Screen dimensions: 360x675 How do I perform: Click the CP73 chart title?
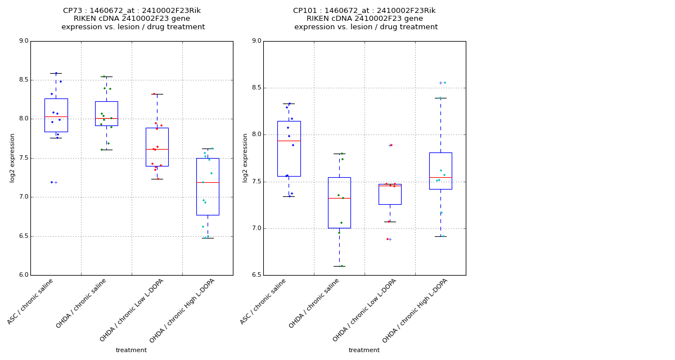coord(132,19)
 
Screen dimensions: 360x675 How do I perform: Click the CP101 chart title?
coord(365,19)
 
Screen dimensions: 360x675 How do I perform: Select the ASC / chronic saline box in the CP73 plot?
coord(56,115)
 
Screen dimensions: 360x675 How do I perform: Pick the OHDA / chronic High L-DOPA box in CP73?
coord(208,186)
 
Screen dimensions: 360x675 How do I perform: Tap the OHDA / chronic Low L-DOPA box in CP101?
coord(390,194)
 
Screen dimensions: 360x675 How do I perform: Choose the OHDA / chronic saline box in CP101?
coord(339,202)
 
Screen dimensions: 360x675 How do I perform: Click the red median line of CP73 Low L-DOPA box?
coord(157,149)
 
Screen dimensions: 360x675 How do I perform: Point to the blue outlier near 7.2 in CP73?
coord(52,182)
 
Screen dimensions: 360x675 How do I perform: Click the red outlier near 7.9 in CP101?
coord(391,145)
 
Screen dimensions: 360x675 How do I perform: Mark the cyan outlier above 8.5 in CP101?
coord(444,83)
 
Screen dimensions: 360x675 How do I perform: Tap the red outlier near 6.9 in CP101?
coord(387,239)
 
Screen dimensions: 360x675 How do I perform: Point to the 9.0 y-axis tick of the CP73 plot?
coord(23,41)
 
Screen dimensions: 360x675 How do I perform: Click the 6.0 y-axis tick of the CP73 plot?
coord(23,275)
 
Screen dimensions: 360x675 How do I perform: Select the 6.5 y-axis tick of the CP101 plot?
coord(256,275)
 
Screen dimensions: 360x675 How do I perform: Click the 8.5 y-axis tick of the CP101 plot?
coord(256,88)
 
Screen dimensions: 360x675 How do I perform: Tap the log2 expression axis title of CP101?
coord(245,157)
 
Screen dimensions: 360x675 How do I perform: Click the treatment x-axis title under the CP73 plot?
coord(131,350)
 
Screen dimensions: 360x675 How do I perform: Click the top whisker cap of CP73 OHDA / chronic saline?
coord(106,76)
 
